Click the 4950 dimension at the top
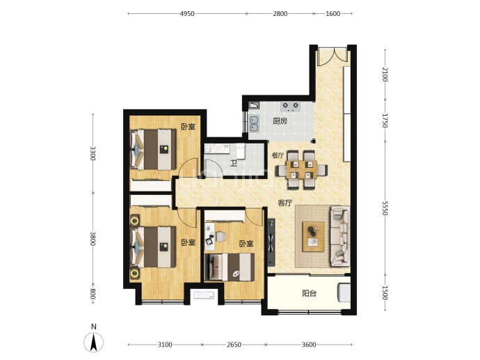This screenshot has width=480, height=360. [187, 13]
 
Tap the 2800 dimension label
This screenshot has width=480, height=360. [280, 13]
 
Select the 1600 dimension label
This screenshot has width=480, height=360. [333, 13]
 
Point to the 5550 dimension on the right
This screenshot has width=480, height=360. [385, 208]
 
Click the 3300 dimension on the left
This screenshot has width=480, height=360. [93, 153]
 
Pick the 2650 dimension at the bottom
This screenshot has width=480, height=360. [234, 345]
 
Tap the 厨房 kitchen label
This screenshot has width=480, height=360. [280, 121]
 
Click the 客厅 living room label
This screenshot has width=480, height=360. [285, 203]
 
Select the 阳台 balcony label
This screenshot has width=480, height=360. [309, 294]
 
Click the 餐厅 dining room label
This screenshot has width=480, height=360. [278, 155]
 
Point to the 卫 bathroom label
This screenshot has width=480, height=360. [234, 164]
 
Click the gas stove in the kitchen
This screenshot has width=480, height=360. [290, 107]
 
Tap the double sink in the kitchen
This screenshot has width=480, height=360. [253, 123]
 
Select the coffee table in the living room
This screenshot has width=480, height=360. [314, 237]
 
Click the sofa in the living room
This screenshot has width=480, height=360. [339, 236]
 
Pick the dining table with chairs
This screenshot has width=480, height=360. [301, 170]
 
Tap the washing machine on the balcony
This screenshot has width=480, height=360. [344, 292]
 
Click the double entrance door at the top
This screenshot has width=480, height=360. [333, 56]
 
